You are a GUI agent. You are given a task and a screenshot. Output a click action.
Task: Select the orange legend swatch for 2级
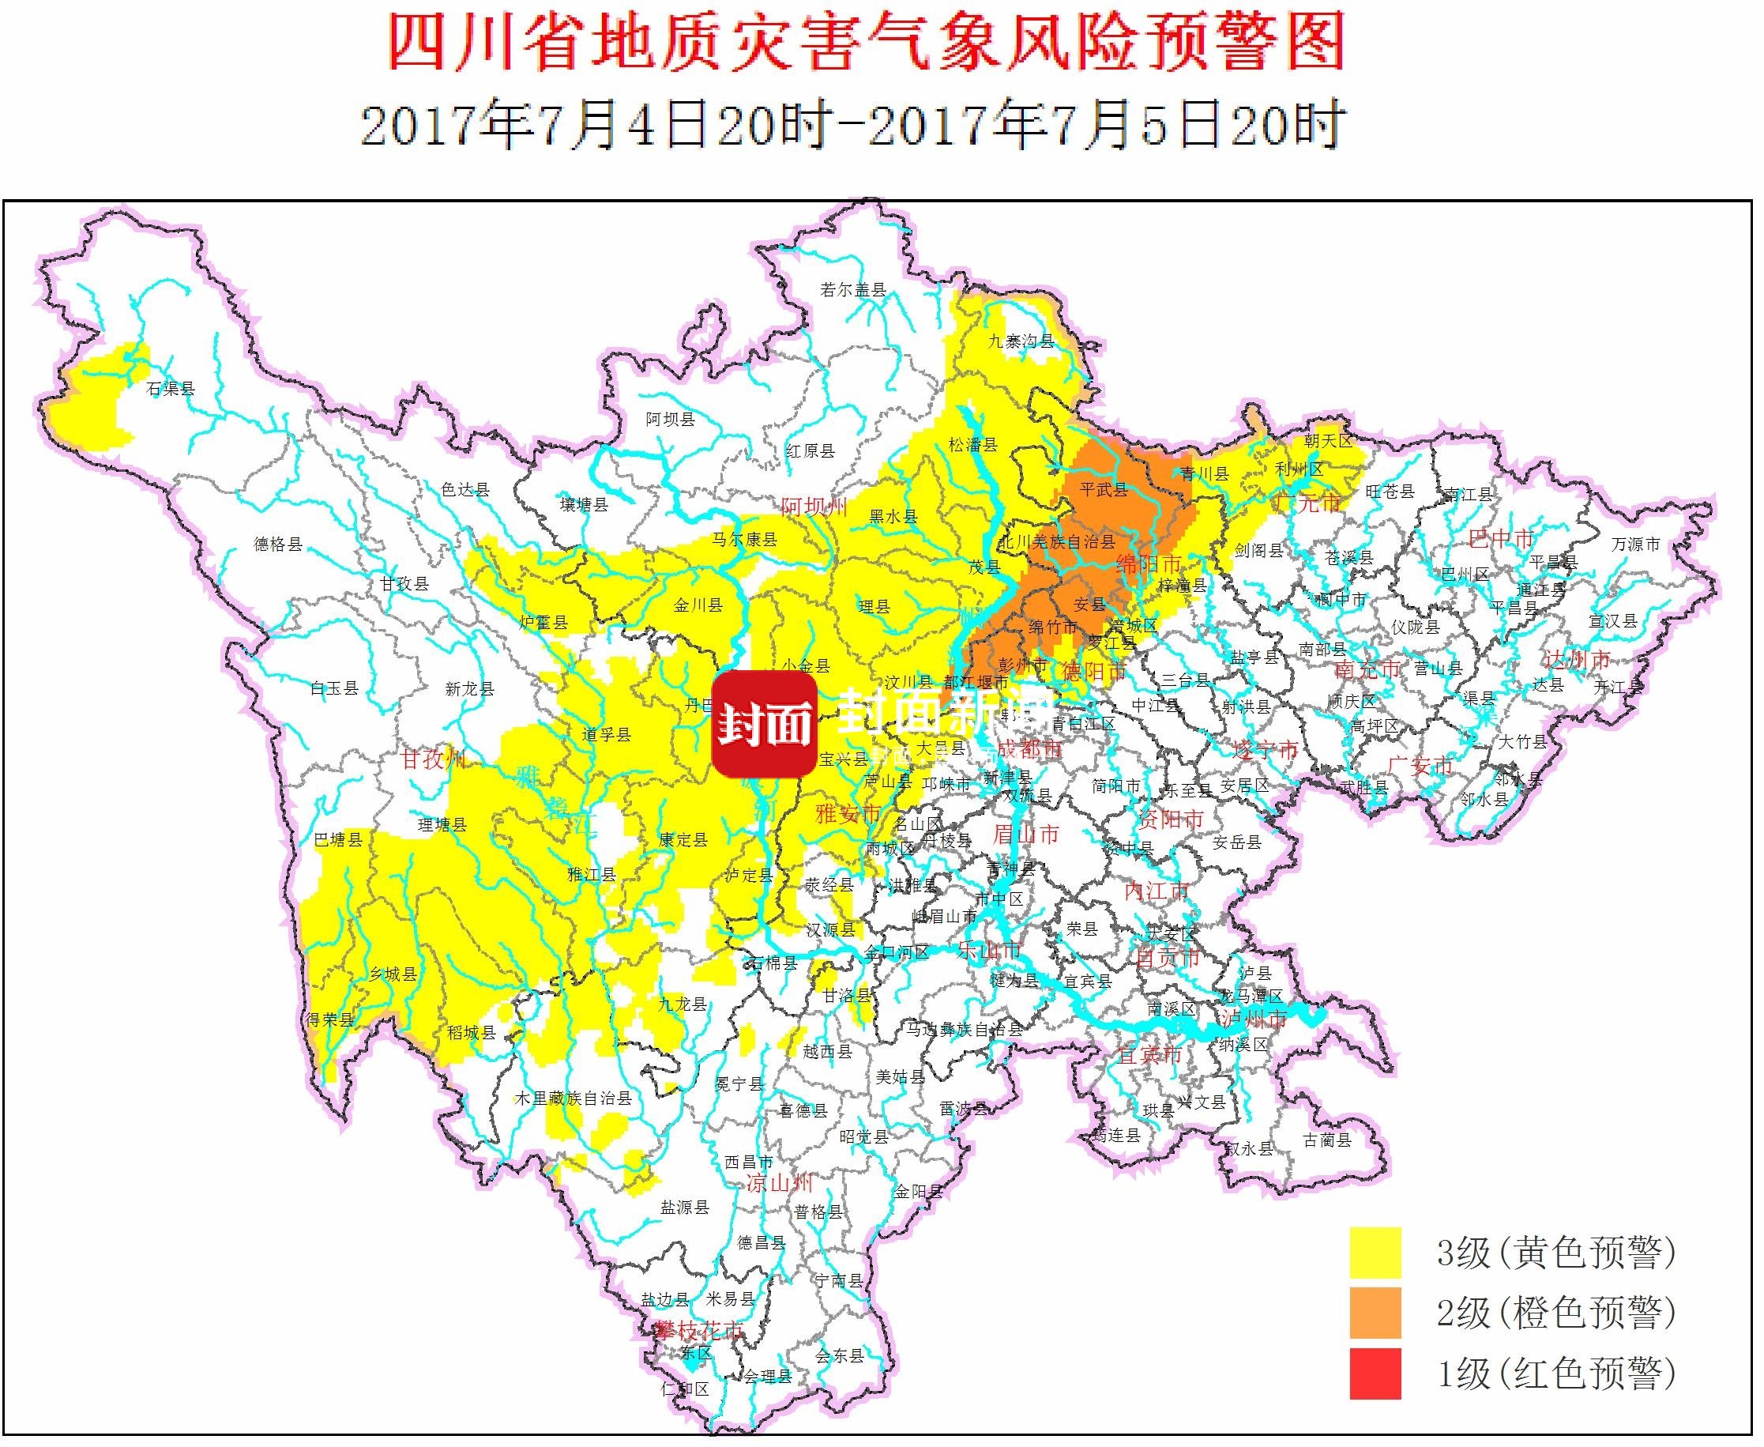[x=1375, y=1313]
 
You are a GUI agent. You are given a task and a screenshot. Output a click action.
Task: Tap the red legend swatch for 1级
[x=1375, y=1373]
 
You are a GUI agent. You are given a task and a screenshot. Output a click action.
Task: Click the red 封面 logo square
[x=764, y=725]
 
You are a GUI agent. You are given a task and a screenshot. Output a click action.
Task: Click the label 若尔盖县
[x=852, y=290]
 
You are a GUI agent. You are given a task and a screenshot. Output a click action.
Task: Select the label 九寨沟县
[x=1021, y=341]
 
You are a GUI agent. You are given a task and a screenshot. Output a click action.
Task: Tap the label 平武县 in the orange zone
[x=1104, y=489]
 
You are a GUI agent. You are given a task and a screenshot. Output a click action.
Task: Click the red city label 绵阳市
[x=1149, y=563]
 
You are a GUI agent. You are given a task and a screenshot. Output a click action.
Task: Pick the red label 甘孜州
[x=432, y=759]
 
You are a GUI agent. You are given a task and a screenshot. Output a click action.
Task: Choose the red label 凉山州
[x=778, y=1183]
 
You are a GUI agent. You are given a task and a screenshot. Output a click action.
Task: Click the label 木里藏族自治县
[x=573, y=1098]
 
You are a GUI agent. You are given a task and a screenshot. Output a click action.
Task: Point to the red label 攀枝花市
[x=698, y=1330]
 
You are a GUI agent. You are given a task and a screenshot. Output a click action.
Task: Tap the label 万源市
[x=1635, y=545]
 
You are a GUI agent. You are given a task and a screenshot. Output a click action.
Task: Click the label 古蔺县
[x=1326, y=1140]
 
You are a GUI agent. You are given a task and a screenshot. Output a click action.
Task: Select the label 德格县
[x=277, y=545]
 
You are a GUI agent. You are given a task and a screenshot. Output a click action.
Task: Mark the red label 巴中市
[x=1501, y=539]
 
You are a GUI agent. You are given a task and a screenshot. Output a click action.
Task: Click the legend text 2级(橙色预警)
[x=1555, y=1313]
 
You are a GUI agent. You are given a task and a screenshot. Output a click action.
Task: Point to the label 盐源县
[x=684, y=1207]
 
